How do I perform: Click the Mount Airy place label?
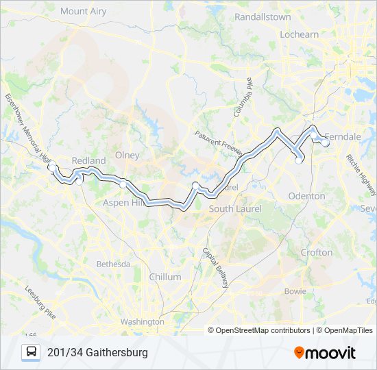pos(84,11)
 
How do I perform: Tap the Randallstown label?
pos(263,16)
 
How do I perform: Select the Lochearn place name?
pos(300,34)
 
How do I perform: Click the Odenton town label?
pos(306,196)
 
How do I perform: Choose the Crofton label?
pos(316,252)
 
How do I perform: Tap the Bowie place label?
pos(295,291)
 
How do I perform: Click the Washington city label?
pos(143,321)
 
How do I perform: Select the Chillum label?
pos(165,277)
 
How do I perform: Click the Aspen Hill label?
pos(123,203)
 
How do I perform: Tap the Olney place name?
pos(127,155)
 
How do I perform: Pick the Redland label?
pos(88,161)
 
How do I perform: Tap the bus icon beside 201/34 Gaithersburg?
pos(32,352)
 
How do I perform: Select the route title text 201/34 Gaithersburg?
pos(97,352)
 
